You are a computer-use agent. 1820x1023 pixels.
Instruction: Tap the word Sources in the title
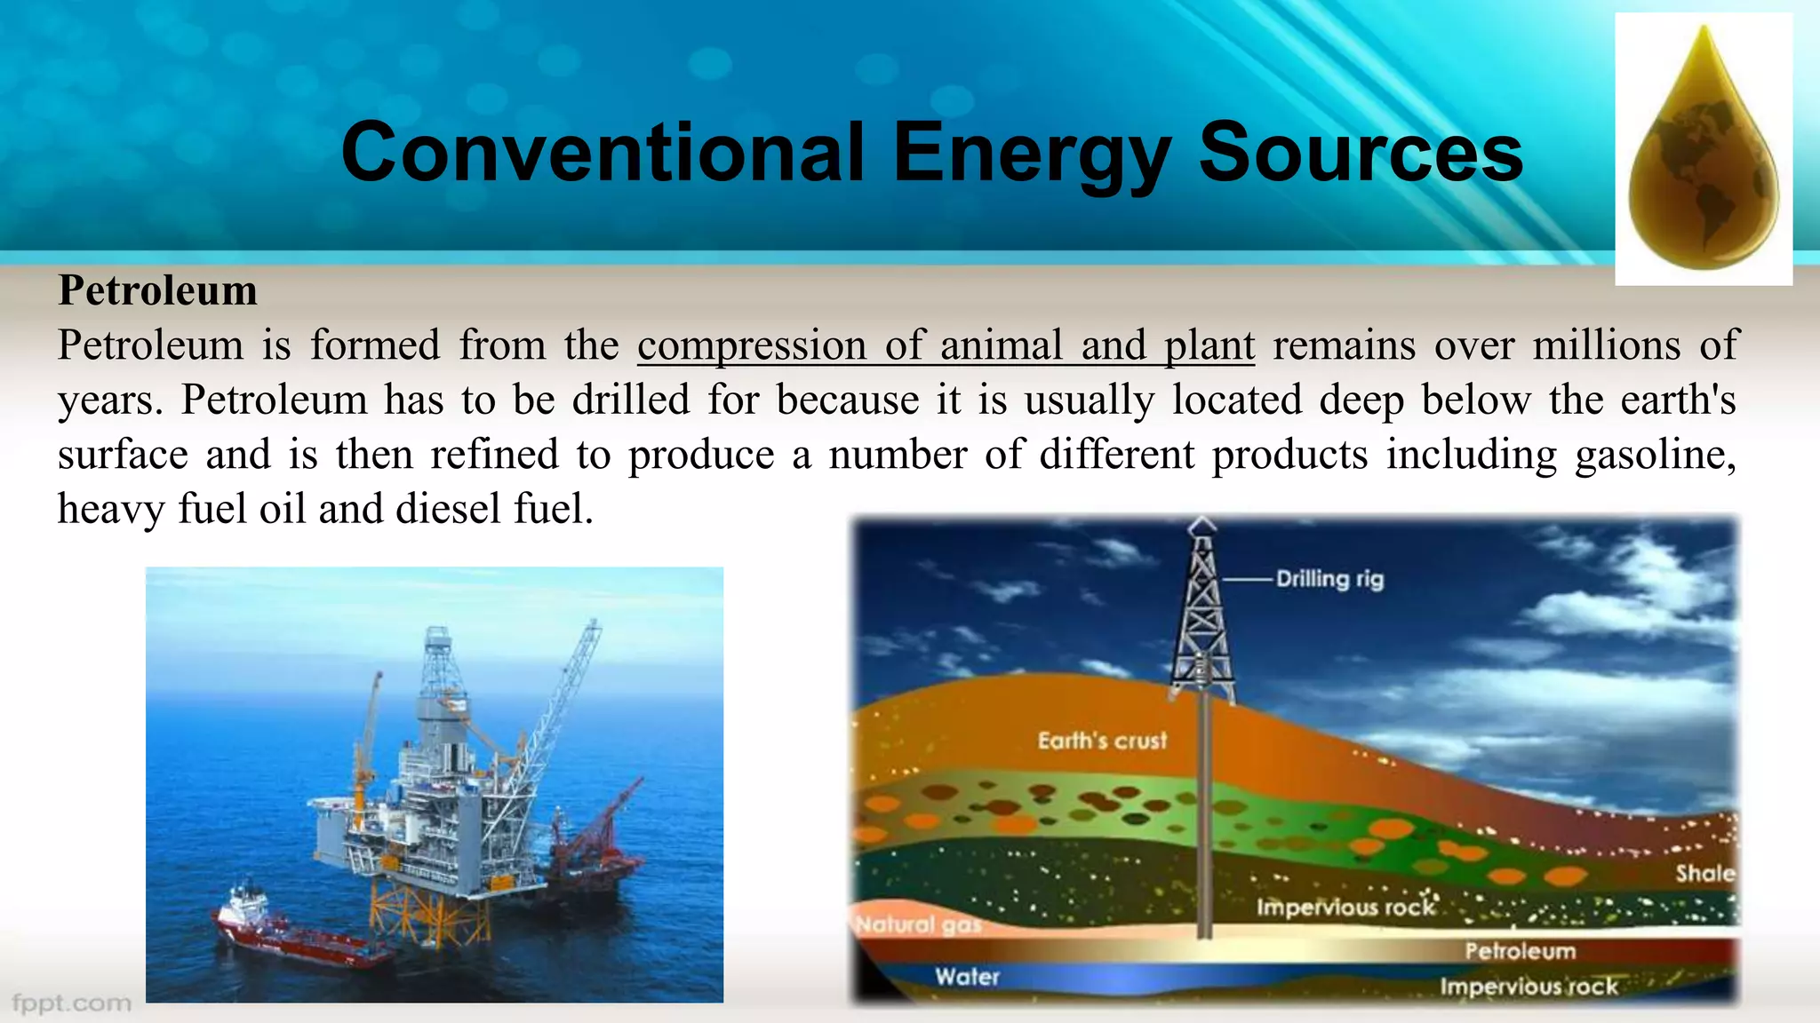click(x=1361, y=153)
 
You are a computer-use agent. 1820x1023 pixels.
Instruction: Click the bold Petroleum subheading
click(x=158, y=290)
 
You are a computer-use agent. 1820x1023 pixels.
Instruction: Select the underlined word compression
click(x=751, y=345)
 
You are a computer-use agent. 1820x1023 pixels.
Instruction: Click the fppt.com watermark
click(x=71, y=1003)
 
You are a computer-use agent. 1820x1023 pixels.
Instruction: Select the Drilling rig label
click(x=1329, y=579)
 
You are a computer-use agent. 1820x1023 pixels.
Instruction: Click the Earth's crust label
click(x=1102, y=740)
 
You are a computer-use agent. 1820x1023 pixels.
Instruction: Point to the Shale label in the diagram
click(x=1704, y=873)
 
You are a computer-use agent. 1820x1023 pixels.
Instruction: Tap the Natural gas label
click(x=918, y=925)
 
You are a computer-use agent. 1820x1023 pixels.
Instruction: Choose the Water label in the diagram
click(x=967, y=977)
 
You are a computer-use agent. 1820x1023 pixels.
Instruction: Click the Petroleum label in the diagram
click(x=1520, y=951)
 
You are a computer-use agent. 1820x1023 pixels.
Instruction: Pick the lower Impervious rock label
click(x=1529, y=987)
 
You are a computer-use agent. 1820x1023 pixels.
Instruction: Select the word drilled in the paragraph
click(x=630, y=400)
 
